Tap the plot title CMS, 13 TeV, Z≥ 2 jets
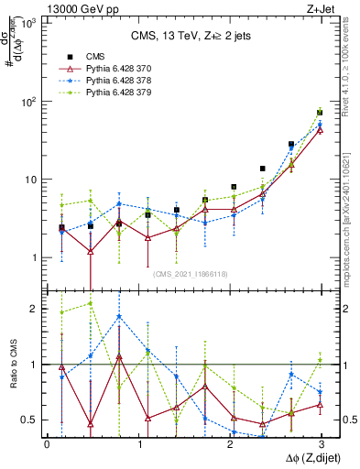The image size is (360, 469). coord(183,37)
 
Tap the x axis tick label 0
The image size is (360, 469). coord(47,444)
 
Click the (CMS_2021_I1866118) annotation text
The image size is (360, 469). coord(191,274)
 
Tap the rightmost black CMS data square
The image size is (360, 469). coord(320,113)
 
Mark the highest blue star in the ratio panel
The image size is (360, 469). coord(119,317)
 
